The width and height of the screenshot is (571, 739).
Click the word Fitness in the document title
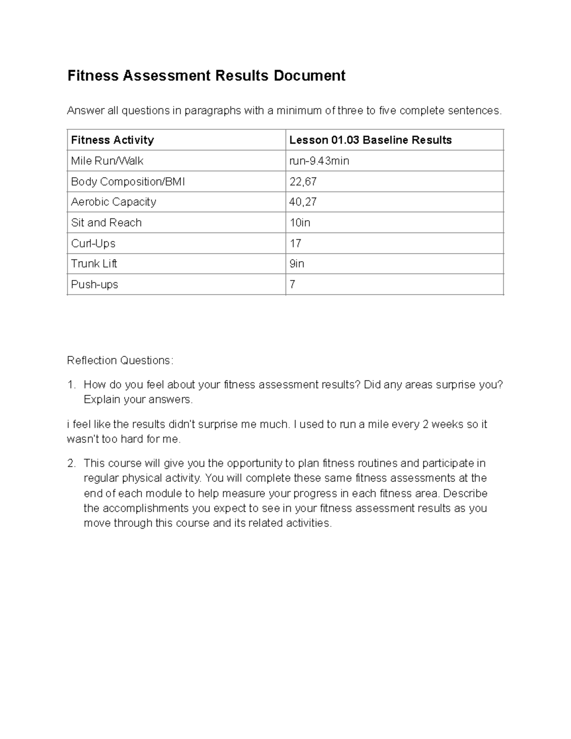(93, 76)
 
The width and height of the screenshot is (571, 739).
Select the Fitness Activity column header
(112, 140)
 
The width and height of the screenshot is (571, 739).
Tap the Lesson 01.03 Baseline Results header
(370, 140)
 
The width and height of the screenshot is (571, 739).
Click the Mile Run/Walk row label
(107, 161)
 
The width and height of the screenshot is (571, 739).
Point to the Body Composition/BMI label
(128, 181)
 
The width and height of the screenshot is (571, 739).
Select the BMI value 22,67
(303, 181)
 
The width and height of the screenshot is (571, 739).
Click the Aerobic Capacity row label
(113, 202)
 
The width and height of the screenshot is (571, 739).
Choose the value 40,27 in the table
(303, 202)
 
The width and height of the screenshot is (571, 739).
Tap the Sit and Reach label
(106, 223)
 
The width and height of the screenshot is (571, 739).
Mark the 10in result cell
(300, 223)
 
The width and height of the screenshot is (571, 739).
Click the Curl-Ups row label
(93, 243)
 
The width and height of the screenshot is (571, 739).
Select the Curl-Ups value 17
(295, 243)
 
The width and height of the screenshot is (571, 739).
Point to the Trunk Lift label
(94, 264)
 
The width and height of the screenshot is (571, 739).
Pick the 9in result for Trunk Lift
(297, 264)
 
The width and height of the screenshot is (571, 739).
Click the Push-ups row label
(94, 285)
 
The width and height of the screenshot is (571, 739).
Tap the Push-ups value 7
(292, 285)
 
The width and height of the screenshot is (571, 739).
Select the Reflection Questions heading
(120, 360)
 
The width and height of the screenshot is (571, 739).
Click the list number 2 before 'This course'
(71, 463)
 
